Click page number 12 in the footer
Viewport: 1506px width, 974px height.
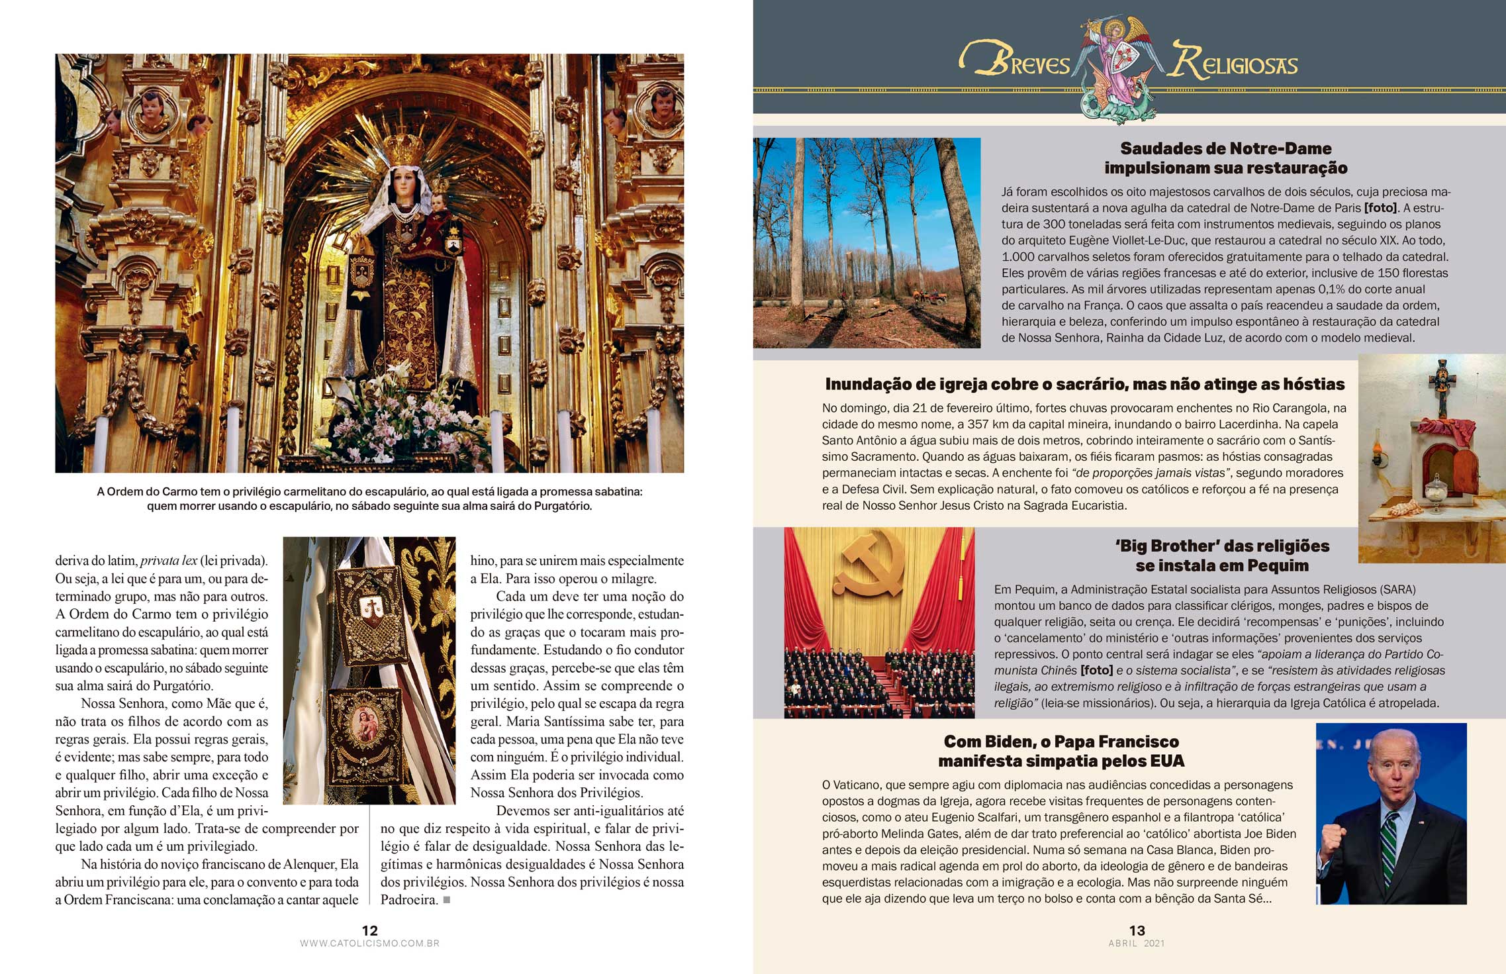[369, 930]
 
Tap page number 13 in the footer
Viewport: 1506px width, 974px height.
[1137, 930]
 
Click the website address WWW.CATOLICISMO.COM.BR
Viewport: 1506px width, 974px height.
[369, 944]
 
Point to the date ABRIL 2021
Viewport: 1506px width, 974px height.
[1137, 944]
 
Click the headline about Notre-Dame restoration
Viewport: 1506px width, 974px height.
[1225, 158]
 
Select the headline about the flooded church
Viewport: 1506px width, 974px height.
[1085, 384]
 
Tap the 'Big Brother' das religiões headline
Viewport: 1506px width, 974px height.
[1222, 556]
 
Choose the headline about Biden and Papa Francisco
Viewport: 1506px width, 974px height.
[1061, 751]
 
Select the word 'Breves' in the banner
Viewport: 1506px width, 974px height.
[1016, 62]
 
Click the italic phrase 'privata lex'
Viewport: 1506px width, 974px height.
[169, 561]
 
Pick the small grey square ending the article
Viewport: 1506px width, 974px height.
[447, 900]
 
